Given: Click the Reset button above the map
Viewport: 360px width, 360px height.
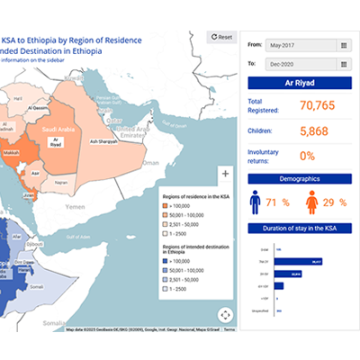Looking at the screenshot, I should (221, 37).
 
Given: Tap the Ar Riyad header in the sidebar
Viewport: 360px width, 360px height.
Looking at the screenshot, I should (298, 84).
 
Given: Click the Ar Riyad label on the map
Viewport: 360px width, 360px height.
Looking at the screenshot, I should (56, 142).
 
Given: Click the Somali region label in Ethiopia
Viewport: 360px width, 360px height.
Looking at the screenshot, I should (38, 286).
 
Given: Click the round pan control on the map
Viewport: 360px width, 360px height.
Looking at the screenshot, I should (224, 314).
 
